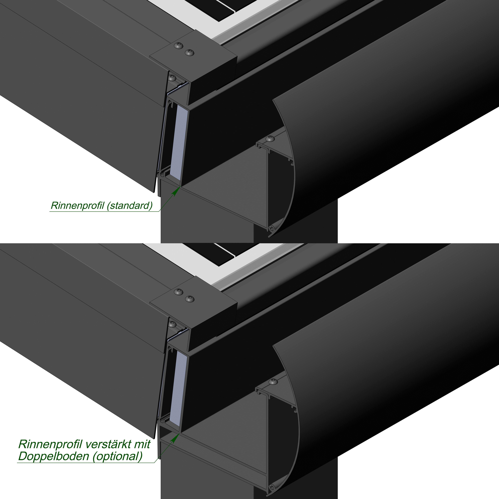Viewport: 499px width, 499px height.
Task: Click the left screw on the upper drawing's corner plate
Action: [179, 46]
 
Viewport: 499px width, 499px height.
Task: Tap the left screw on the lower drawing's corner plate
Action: [179, 292]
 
